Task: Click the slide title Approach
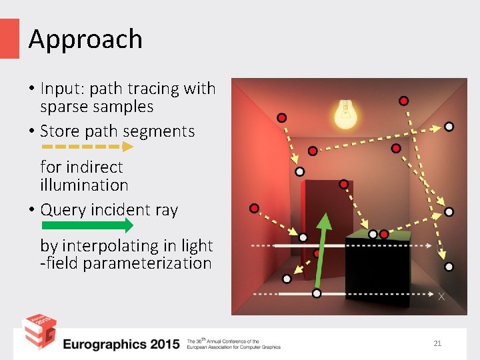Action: pyautogui.click(x=85, y=39)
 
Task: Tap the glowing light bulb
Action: pyautogui.click(x=345, y=113)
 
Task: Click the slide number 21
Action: pyautogui.click(x=437, y=343)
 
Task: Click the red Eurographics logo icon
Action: pyautogui.click(x=39, y=333)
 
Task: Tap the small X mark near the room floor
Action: pyautogui.click(x=441, y=296)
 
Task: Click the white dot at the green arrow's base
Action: pyautogui.click(x=317, y=293)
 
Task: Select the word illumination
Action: pyautogui.click(x=84, y=185)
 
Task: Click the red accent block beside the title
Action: pyautogui.click(x=9, y=38)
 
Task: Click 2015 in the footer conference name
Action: pyautogui.click(x=165, y=344)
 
